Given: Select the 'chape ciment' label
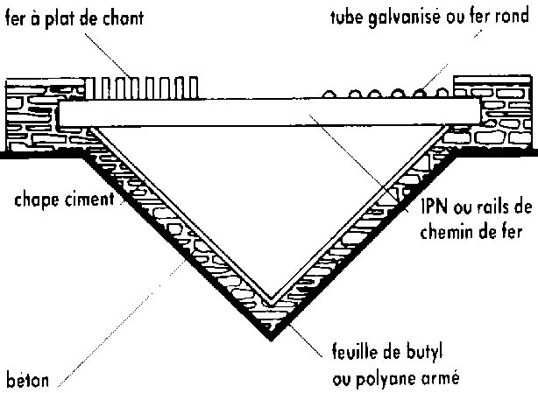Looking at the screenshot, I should pyautogui.click(x=64, y=200).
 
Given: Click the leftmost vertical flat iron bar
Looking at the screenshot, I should pyautogui.click(x=97, y=88).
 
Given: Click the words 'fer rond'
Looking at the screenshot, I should pyautogui.click(x=505, y=18).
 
